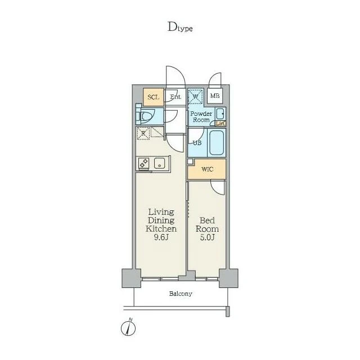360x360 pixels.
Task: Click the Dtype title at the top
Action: [180, 27]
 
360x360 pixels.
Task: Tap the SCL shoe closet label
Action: [154, 97]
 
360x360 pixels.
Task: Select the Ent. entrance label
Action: [175, 97]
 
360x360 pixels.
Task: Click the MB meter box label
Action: [215, 96]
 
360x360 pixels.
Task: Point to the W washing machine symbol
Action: [195, 96]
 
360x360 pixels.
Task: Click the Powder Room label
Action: [201, 116]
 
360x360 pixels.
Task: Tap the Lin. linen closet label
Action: [220, 124]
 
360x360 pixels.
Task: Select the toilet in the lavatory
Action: [147, 116]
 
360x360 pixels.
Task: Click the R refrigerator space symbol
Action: [143, 133]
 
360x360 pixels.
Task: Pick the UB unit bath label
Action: [197, 143]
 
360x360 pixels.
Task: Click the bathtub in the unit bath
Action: [217, 142]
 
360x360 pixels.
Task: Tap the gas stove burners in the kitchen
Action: [144, 163]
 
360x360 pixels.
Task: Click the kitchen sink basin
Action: [160, 163]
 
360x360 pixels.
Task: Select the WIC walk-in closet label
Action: [208, 169]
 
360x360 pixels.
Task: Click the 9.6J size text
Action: [161, 237]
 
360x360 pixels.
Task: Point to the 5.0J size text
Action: [207, 237]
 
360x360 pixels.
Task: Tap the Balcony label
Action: [181, 294]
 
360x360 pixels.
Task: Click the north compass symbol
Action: [128, 327]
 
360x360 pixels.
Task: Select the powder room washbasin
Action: [220, 114]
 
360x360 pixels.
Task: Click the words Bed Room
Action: [207, 224]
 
